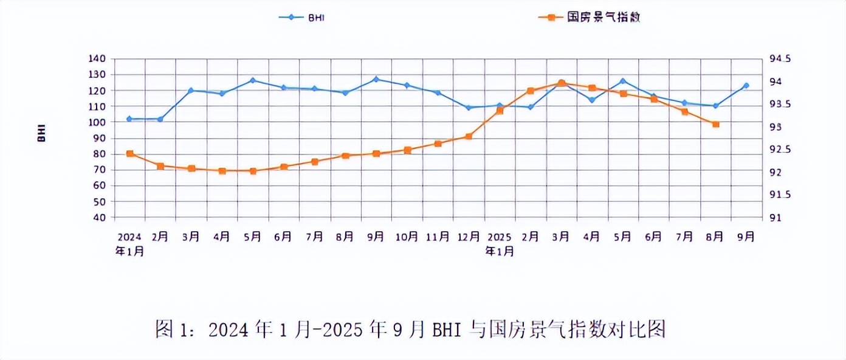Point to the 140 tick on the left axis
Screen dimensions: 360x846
[97, 59]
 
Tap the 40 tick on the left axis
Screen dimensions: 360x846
[100, 218]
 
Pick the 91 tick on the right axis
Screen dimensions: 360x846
[772, 218]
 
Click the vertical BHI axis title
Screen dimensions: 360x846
[42, 134]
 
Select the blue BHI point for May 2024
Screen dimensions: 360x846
[253, 80]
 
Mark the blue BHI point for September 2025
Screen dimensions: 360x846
[746, 86]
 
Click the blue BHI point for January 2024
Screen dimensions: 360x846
[129, 119]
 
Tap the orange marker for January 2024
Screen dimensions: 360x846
[129, 154]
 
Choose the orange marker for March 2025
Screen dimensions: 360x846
[562, 83]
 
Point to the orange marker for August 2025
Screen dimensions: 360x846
[716, 124]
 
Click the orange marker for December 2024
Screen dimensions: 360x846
[469, 136]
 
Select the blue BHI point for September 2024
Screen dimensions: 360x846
[376, 79]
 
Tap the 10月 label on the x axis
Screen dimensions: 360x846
[407, 237]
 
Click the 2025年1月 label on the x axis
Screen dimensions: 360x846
[500, 244]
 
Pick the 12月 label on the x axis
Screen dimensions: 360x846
[469, 237]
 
